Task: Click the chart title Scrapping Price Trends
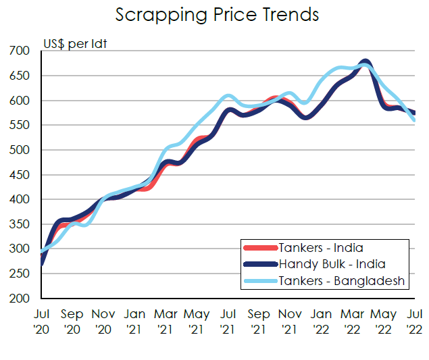click(x=216, y=15)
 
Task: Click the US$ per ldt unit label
click(x=75, y=45)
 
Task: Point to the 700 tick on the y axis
click(x=20, y=51)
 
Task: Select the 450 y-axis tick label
click(x=20, y=175)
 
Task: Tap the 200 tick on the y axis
click(x=20, y=299)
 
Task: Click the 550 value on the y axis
click(x=20, y=126)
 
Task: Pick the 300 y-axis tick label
click(x=20, y=249)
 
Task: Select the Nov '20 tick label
click(x=103, y=322)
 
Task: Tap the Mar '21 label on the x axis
click(x=166, y=322)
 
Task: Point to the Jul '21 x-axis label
click(x=228, y=322)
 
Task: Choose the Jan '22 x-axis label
click(x=321, y=322)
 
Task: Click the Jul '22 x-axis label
click(x=414, y=322)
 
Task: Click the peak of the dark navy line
click(x=365, y=62)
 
